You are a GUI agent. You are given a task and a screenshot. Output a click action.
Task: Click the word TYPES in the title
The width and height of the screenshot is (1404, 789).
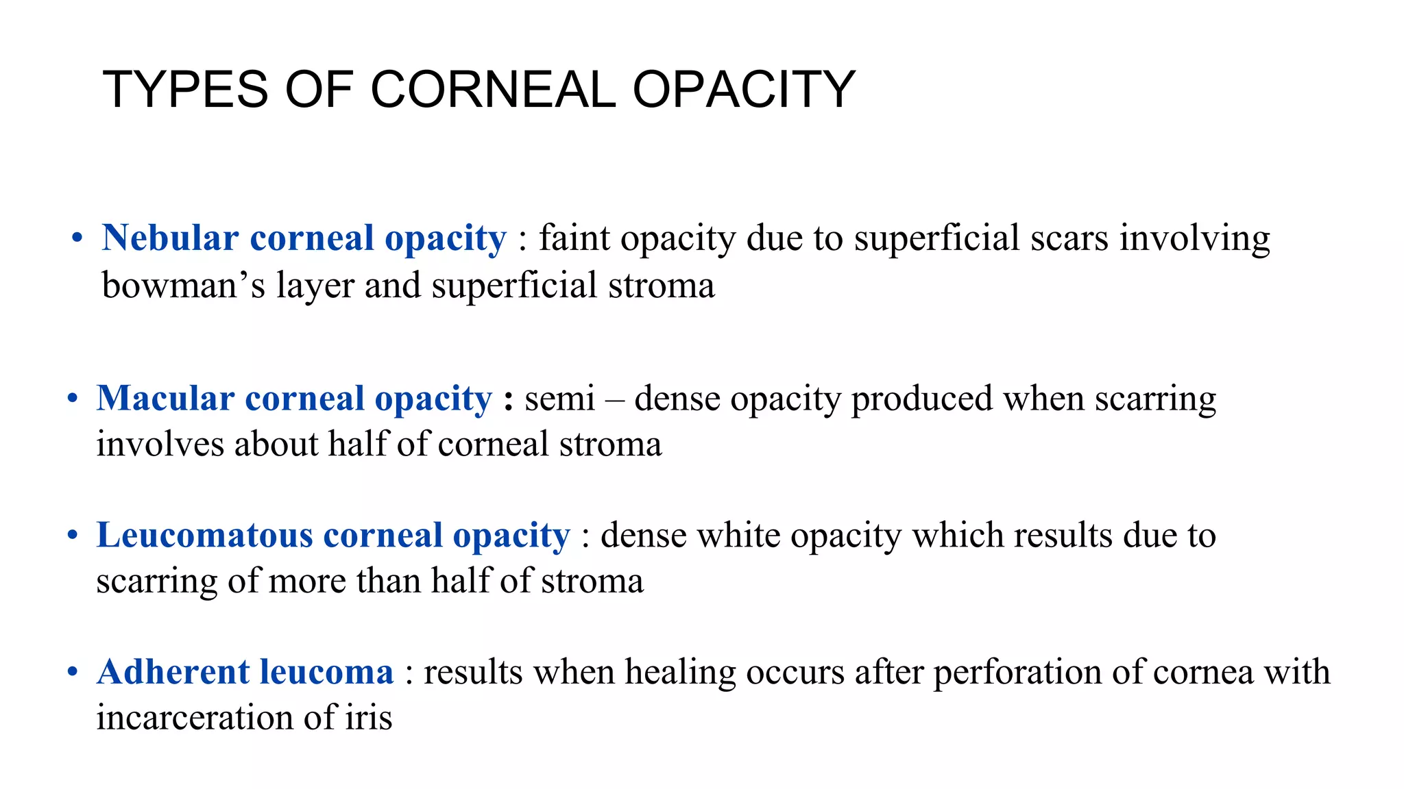click(185, 90)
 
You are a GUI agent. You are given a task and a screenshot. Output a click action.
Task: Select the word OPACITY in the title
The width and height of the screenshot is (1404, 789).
click(743, 90)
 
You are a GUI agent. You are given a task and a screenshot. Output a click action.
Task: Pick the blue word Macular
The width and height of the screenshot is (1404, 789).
click(165, 399)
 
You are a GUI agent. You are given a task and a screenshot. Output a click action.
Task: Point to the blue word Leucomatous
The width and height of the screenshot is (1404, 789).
click(204, 536)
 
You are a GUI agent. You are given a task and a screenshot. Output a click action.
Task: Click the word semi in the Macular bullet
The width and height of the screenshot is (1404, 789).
click(559, 399)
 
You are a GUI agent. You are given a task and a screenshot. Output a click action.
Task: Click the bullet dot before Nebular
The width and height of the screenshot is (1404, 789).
click(77, 239)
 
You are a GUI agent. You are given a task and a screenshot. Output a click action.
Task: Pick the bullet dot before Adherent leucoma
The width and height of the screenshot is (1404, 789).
click(73, 673)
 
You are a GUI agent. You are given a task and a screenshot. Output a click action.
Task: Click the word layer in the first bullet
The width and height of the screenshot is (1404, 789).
click(315, 286)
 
